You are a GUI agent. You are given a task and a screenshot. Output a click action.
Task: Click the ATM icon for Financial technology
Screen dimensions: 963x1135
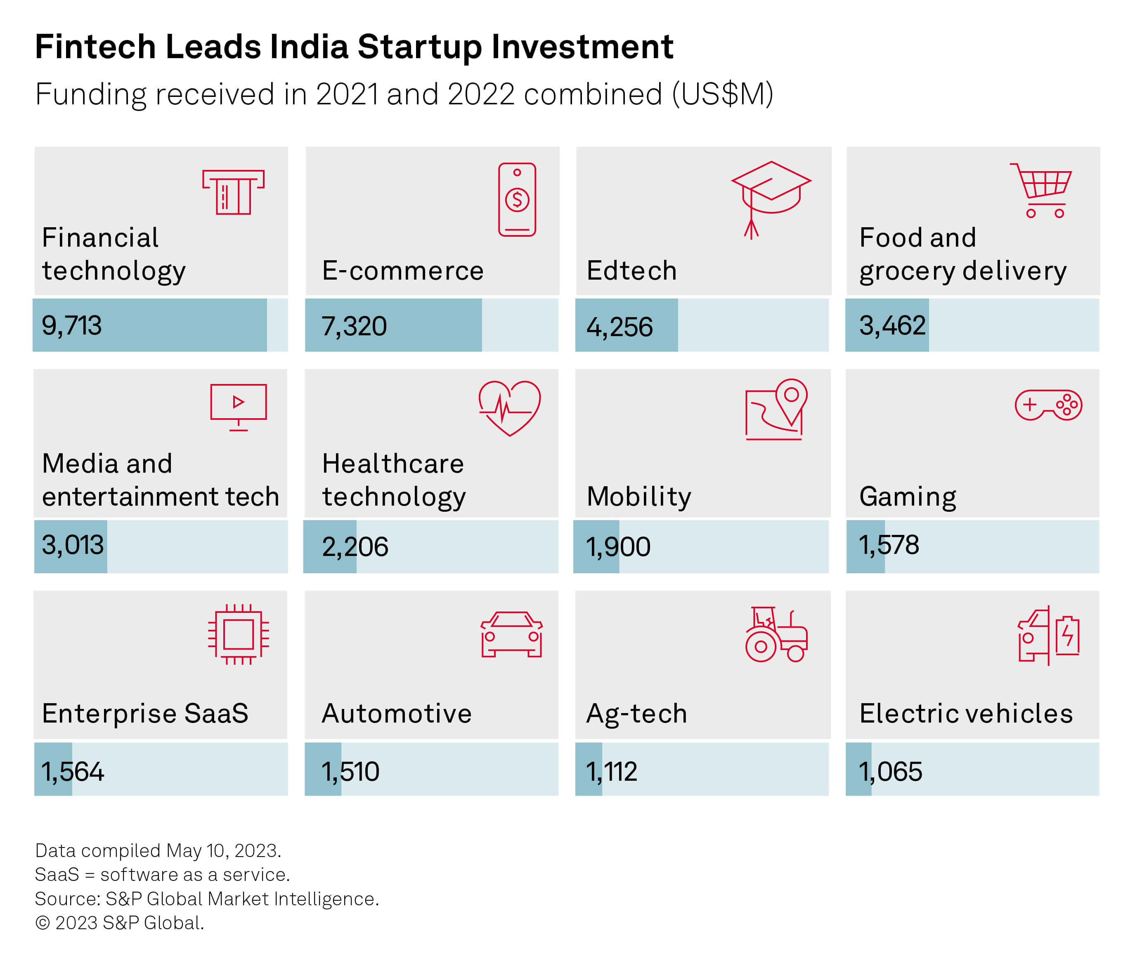(x=233, y=192)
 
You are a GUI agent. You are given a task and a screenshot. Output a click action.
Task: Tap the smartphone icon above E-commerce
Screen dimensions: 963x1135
(x=517, y=199)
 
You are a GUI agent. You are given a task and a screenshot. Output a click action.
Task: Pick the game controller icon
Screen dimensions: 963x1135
(x=1048, y=405)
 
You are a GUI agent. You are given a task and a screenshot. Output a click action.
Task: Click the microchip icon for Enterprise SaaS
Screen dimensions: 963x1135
(x=239, y=634)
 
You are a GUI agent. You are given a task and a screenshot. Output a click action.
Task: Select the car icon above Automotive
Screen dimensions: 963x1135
(x=511, y=634)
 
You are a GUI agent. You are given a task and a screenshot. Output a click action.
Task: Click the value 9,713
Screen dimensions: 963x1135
(x=71, y=326)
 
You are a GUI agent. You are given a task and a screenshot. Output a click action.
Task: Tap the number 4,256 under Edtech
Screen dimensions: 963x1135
(x=620, y=327)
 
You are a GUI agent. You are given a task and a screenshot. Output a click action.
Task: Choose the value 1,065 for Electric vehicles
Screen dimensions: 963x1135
(x=890, y=771)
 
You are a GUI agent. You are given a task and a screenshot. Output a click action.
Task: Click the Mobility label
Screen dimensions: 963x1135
(x=638, y=496)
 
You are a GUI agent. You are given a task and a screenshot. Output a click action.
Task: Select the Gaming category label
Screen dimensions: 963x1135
(x=907, y=496)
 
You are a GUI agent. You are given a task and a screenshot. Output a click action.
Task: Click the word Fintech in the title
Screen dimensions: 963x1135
(x=95, y=47)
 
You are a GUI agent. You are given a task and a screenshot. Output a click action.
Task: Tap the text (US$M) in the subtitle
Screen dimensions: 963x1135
(x=722, y=94)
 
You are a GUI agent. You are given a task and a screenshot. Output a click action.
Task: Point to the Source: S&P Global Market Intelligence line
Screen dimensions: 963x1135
(x=206, y=899)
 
